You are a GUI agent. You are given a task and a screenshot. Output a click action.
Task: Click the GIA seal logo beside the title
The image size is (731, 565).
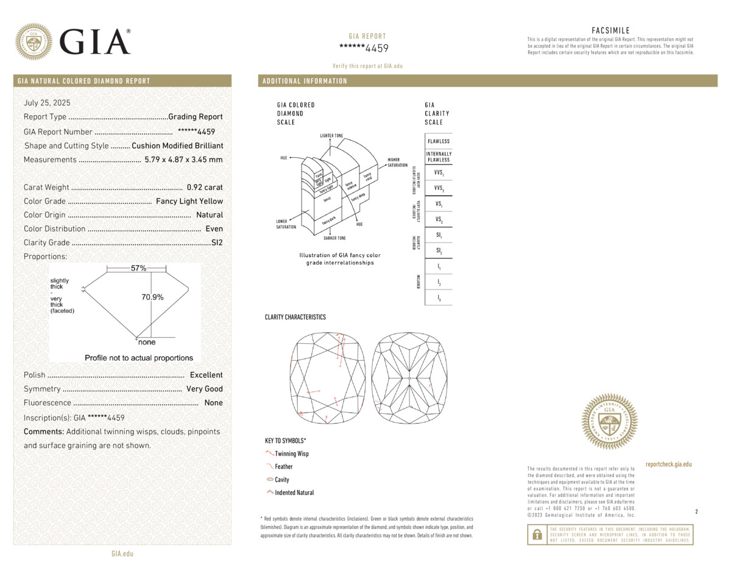[34, 41]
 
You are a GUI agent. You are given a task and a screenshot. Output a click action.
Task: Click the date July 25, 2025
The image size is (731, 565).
[48, 103]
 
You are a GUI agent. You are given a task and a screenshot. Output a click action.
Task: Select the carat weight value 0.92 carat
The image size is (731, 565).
[205, 188]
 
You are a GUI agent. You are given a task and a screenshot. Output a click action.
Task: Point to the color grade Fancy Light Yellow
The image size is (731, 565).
[189, 201]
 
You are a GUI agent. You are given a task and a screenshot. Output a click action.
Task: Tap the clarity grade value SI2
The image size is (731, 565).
[217, 243]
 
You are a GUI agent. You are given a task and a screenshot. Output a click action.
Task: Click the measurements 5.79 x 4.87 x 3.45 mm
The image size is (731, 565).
[183, 160]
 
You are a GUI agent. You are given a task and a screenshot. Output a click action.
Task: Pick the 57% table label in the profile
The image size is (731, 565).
[138, 268]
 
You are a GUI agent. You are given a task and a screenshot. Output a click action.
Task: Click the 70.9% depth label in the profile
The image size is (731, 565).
[152, 297]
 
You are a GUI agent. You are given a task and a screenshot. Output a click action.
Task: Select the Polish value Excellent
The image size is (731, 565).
[206, 375]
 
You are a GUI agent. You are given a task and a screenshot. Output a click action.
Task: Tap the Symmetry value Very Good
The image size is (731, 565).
[204, 389]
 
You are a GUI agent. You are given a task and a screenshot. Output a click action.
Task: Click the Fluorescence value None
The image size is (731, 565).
[213, 403]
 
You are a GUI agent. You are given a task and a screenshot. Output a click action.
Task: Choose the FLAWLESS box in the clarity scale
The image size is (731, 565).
[439, 141]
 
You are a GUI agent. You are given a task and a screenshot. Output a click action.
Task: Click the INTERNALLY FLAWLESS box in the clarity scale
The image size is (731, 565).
[439, 157]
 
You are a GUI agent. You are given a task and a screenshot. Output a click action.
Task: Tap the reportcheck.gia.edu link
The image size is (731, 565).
[668, 464]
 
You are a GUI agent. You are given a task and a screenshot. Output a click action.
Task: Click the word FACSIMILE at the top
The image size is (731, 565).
[610, 30]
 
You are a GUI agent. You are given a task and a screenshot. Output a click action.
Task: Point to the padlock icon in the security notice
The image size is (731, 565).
[537, 535]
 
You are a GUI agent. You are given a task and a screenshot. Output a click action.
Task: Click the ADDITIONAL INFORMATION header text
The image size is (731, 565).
[305, 81]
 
